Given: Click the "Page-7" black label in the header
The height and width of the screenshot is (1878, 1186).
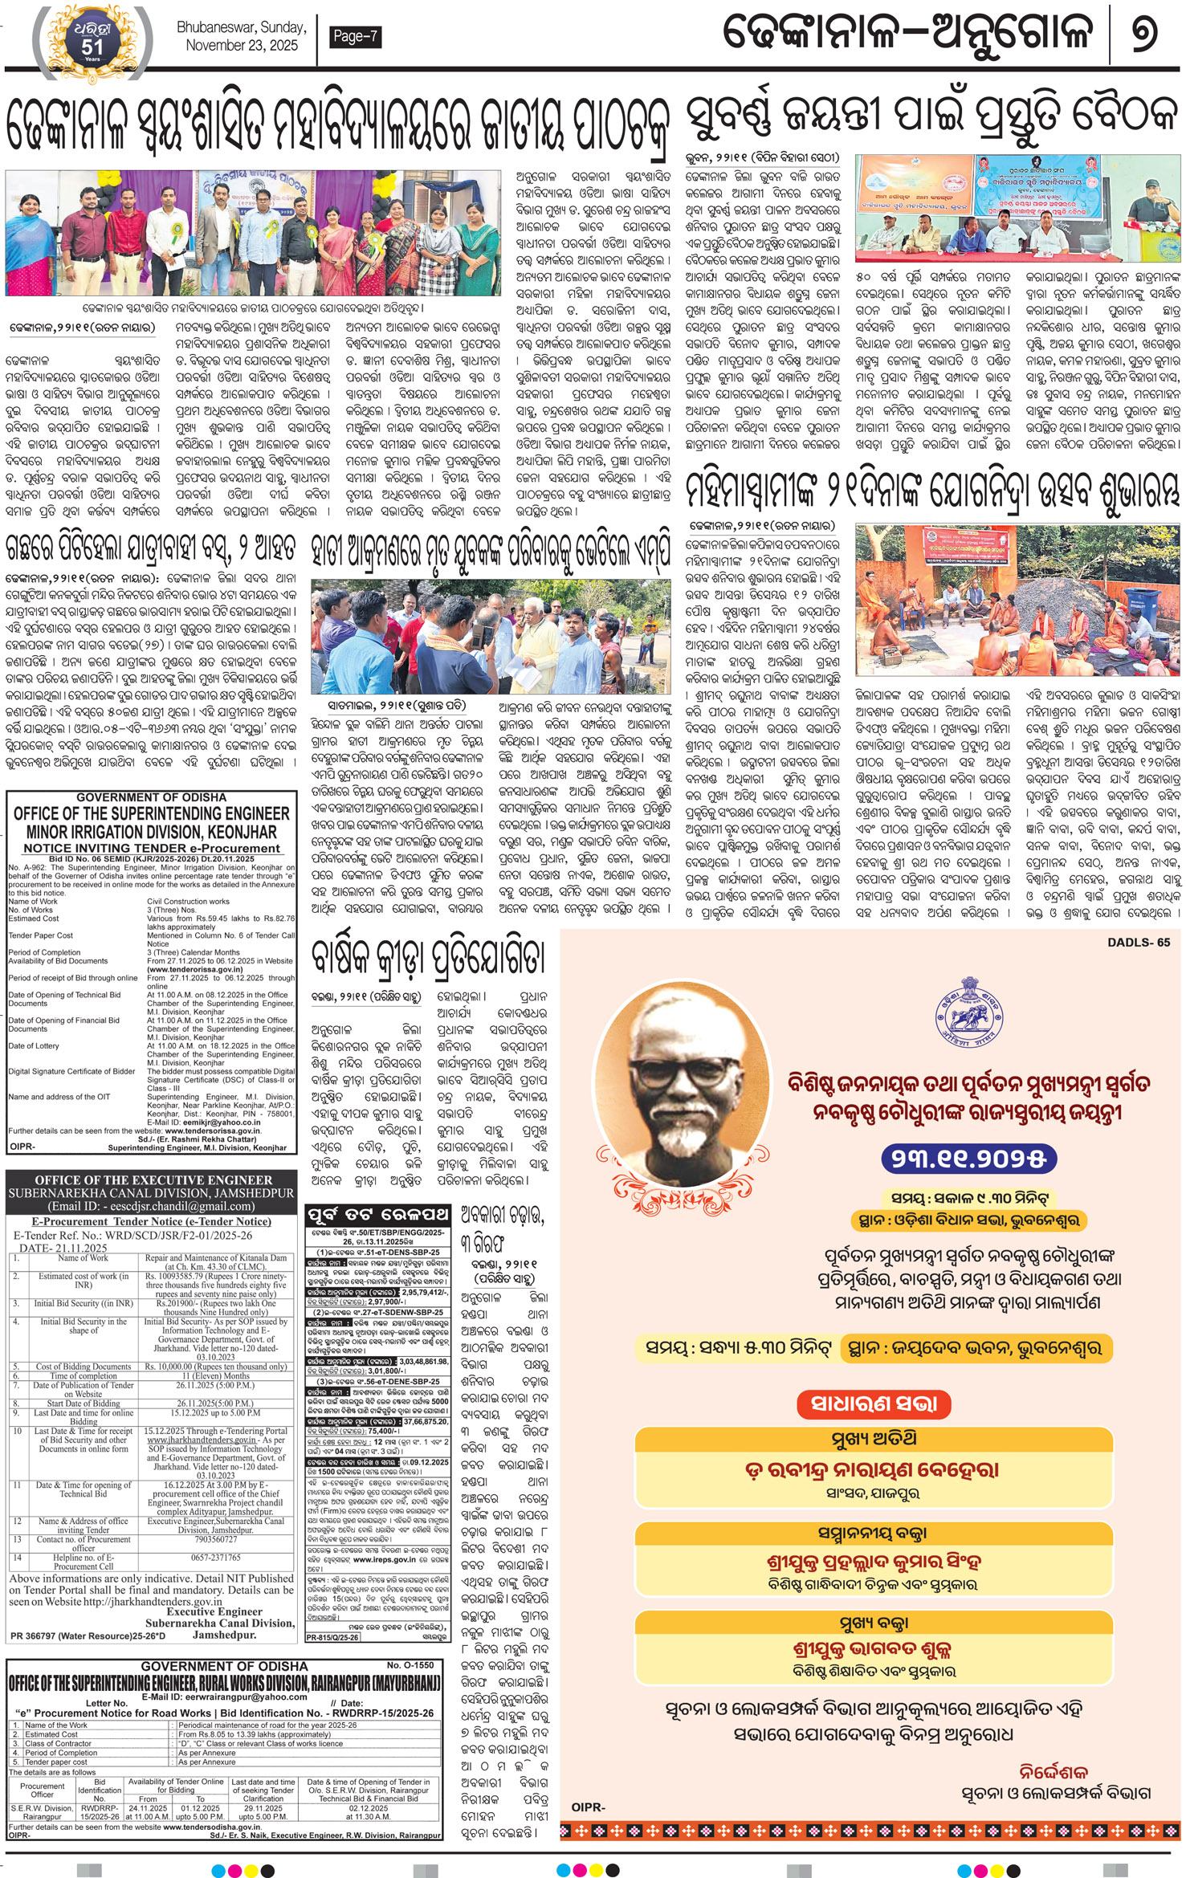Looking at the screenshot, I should point(354,36).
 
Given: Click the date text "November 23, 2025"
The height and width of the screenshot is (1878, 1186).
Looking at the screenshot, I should point(242,46).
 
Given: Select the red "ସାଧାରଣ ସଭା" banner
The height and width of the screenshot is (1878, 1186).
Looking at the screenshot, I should point(874,1403).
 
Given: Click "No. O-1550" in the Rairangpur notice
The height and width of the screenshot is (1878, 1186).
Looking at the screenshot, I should point(410,1666).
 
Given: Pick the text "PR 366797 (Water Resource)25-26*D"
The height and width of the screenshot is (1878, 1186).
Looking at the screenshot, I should point(88,1636).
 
